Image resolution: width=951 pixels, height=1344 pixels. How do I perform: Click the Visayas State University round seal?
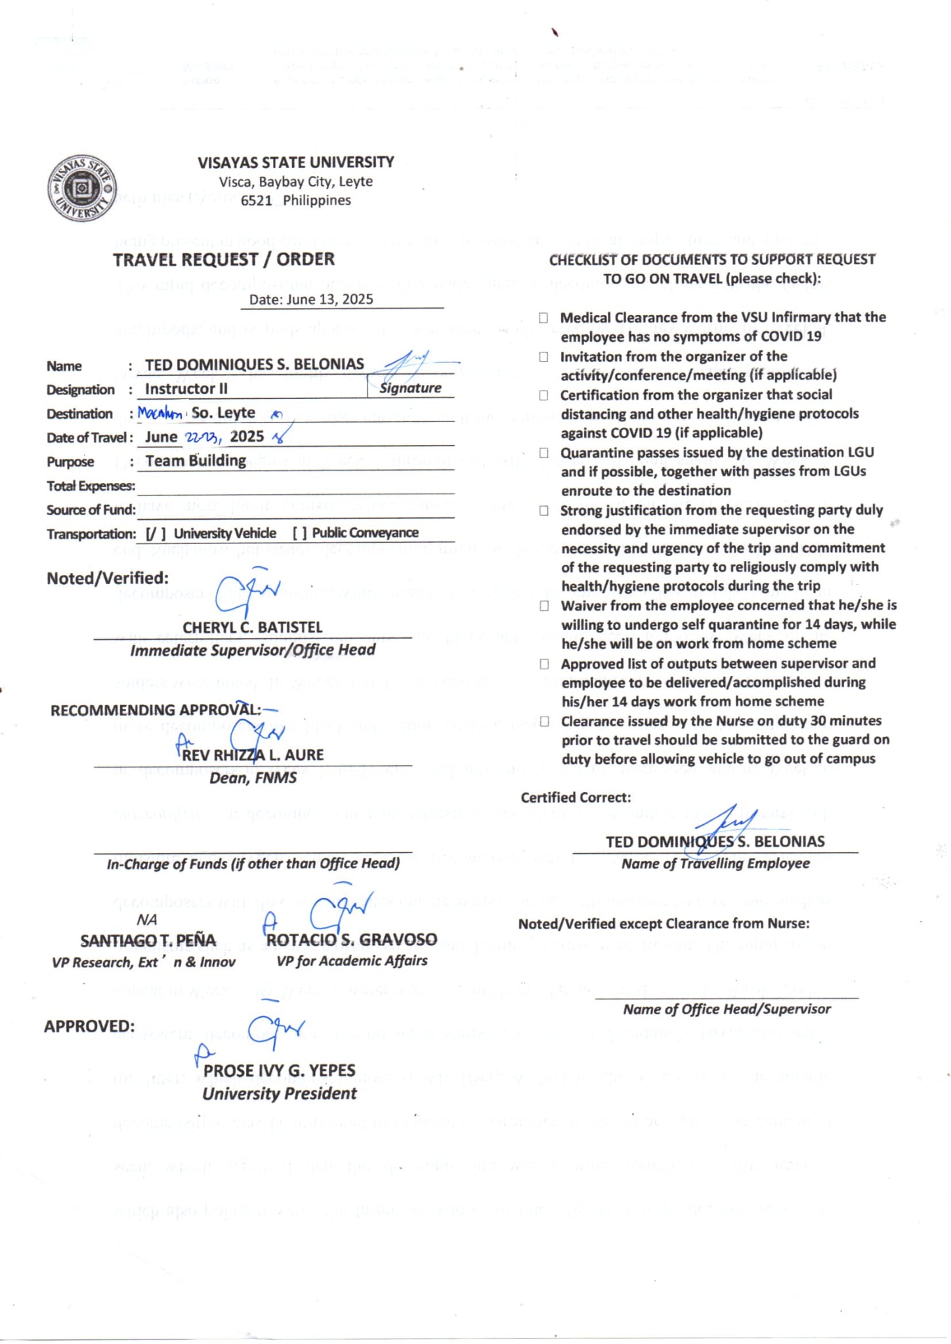coord(82,189)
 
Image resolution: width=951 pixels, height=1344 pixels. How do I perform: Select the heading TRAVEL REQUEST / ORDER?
coord(223,260)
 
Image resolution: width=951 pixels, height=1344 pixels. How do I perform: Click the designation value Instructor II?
coord(186,389)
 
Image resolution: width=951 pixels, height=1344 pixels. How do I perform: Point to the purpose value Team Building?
coord(196,461)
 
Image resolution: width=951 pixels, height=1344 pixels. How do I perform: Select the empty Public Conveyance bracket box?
coord(299,534)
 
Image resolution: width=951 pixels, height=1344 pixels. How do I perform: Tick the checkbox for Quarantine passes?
coord(543,453)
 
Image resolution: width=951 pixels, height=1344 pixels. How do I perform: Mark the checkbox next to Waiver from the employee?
coord(544,606)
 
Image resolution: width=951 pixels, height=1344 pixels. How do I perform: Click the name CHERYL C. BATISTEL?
coord(252,628)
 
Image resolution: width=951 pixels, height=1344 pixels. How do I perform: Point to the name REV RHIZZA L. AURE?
coord(253,755)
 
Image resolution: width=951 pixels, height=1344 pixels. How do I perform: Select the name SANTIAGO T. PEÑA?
coord(148,941)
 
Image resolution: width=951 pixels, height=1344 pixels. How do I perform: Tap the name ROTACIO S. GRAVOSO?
coord(351,940)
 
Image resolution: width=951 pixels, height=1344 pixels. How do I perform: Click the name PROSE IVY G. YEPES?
coord(279,1070)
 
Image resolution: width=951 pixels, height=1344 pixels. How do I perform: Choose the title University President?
coord(279,1094)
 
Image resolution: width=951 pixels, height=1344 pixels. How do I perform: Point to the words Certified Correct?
coord(576,798)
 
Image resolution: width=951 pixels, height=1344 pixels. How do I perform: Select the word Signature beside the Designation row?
coord(410,388)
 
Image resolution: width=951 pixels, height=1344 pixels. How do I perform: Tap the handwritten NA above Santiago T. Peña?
coord(146,920)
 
